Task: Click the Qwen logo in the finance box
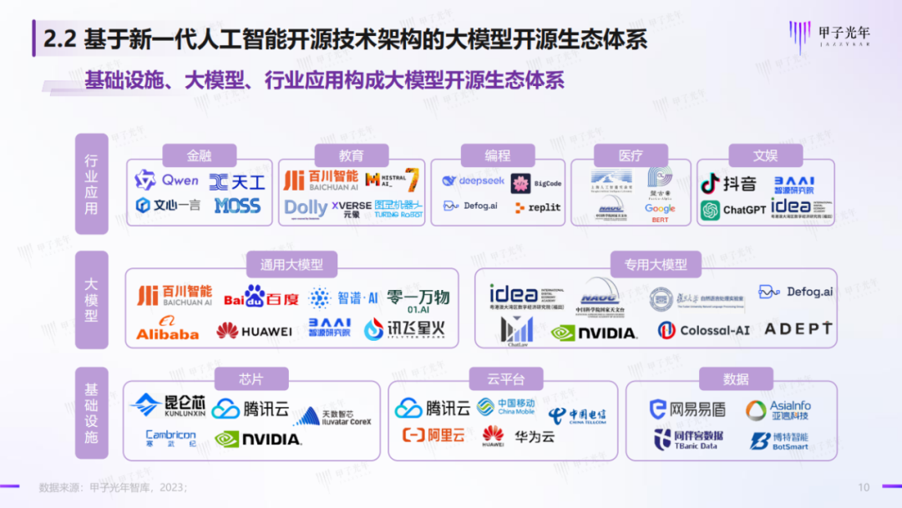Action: click(168, 180)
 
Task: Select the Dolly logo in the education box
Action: click(306, 207)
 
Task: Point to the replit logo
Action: click(538, 207)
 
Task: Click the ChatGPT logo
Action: click(733, 210)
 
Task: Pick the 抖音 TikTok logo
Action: click(728, 182)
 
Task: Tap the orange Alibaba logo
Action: click(167, 328)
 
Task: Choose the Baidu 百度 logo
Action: click(259, 297)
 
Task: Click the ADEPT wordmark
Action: click(798, 329)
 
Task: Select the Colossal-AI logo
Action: click(703, 330)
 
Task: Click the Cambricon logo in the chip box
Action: click(170, 438)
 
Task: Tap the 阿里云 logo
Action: click(432, 434)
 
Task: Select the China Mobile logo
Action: click(506, 407)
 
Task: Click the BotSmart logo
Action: click(778, 440)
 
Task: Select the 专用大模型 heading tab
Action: click(656, 265)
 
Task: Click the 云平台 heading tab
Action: click(506, 379)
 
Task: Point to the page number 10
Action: click(864, 488)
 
